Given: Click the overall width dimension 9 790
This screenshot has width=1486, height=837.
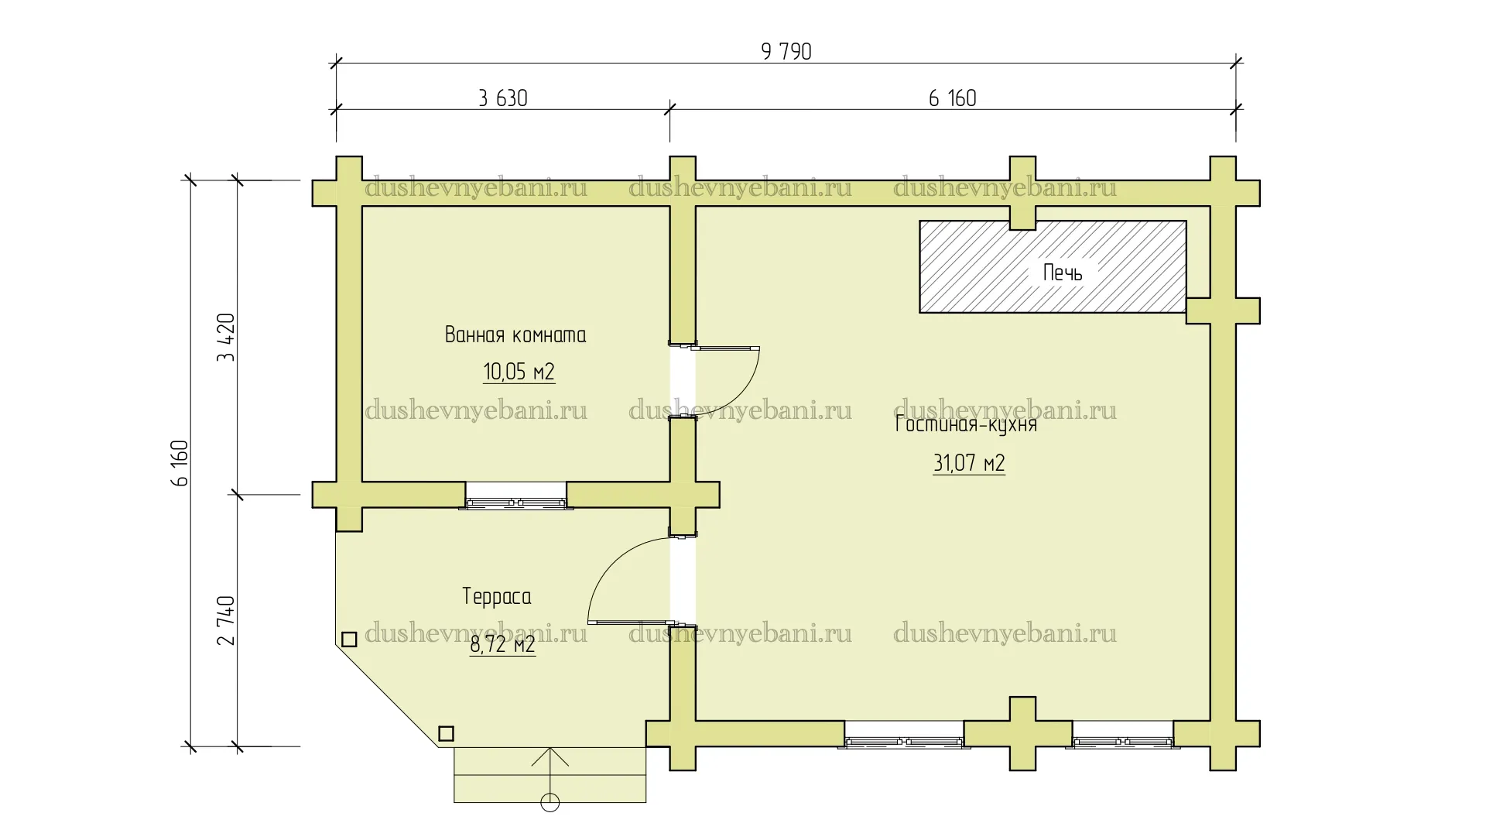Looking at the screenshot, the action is pyautogui.click(x=786, y=52).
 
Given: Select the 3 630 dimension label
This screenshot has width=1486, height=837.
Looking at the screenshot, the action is pyautogui.click(x=503, y=98).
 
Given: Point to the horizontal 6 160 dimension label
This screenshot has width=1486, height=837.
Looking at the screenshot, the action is pyautogui.click(x=952, y=98).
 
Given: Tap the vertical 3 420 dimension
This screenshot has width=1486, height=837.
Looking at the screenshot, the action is pyautogui.click(x=226, y=338).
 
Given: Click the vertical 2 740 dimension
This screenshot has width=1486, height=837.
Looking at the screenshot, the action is pyautogui.click(x=226, y=620).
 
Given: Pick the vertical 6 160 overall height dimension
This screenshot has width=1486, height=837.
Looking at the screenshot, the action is pyautogui.click(x=180, y=463).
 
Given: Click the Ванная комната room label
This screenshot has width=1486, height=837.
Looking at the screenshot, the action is pyautogui.click(x=515, y=335).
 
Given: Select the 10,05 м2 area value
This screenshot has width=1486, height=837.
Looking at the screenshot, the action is pyautogui.click(x=519, y=372).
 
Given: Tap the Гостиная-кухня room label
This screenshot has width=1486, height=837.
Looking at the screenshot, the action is pyautogui.click(x=966, y=424).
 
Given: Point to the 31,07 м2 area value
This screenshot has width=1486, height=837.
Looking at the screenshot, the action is pyautogui.click(x=969, y=464).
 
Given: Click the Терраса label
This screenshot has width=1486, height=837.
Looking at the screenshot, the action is pyautogui.click(x=497, y=597).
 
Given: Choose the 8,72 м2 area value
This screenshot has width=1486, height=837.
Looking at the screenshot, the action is pyautogui.click(x=502, y=644).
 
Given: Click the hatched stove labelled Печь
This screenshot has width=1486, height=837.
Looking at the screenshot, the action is pyautogui.click(x=1053, y=266).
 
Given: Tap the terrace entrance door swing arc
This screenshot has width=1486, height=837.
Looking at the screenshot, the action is pyautogui.click(x=606, y=563).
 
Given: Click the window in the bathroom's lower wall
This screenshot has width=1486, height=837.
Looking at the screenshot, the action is pyautogui.click(x=516, y=496).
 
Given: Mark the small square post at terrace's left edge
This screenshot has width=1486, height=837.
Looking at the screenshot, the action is pyautogui.click(x=349, y=640).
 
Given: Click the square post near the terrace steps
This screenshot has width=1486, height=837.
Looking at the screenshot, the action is pyautogui.click(x=446, y=733).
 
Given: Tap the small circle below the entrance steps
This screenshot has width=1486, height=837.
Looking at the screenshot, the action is pyautogui.click(x=550, y=803).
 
